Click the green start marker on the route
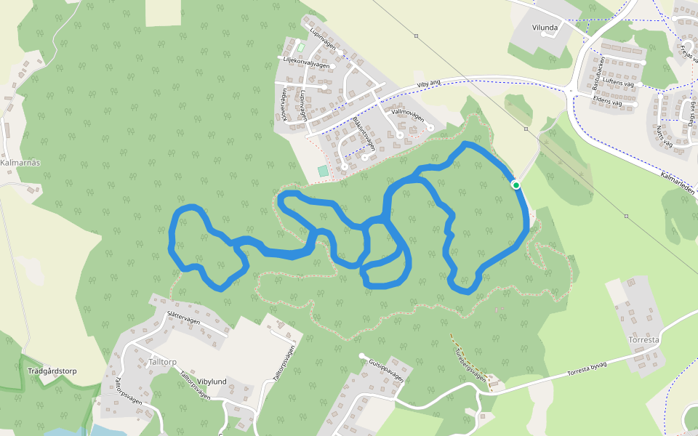click(x=516, y=185)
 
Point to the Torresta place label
click(x=643, y=339)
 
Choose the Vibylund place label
click(x=212, y=381)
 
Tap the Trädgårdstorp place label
click(x=52, y=371)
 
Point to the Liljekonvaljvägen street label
click(x=306, y=63)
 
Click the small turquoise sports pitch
click(x=323, y=171)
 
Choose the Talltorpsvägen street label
click(x=284, y=363)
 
